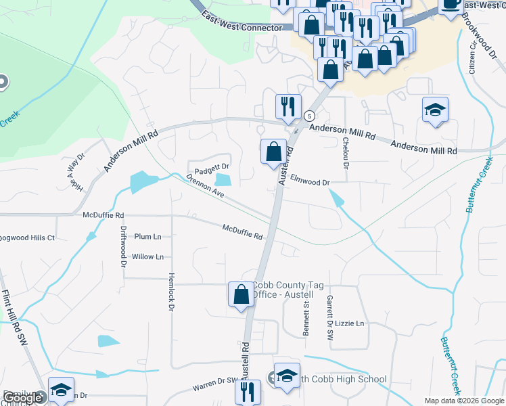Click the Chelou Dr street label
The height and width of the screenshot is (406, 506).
point(346,149)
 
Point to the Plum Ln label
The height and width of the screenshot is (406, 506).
point(147,237)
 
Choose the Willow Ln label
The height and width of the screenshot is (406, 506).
point(147,257)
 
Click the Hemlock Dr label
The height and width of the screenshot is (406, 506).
point(171,292)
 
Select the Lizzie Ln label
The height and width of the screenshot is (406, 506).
point(349,323)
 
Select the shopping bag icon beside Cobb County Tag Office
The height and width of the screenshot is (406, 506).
point(240,295)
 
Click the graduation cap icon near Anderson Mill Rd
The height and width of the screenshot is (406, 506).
point(435,110)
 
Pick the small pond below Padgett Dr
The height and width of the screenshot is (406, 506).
point(223,180)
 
